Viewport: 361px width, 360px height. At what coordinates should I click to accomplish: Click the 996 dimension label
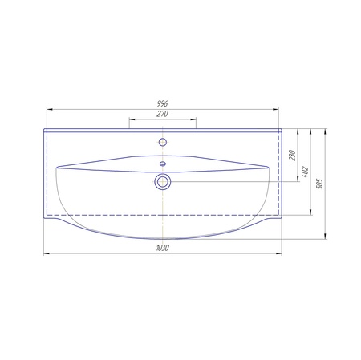click(x=163, y=103)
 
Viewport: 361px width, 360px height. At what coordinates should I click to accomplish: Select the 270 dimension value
click(x=163, y=114)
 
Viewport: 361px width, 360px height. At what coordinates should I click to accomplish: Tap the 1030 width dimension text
click(x=163, y=248)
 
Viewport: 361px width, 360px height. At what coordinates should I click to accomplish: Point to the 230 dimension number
click(x=293, y=156)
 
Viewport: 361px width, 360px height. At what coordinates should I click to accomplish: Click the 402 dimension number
click(x=305, y=172)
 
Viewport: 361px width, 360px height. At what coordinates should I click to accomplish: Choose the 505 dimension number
click(x=320, y=184)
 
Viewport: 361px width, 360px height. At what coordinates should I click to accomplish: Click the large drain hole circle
click(x=163, y=182)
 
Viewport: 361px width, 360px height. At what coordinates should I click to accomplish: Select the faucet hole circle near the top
click(x=163, y=142)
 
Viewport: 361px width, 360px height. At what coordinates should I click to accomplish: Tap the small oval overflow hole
click(x=163, y=164)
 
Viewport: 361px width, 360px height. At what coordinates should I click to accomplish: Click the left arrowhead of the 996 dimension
click(x=50, y=109)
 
